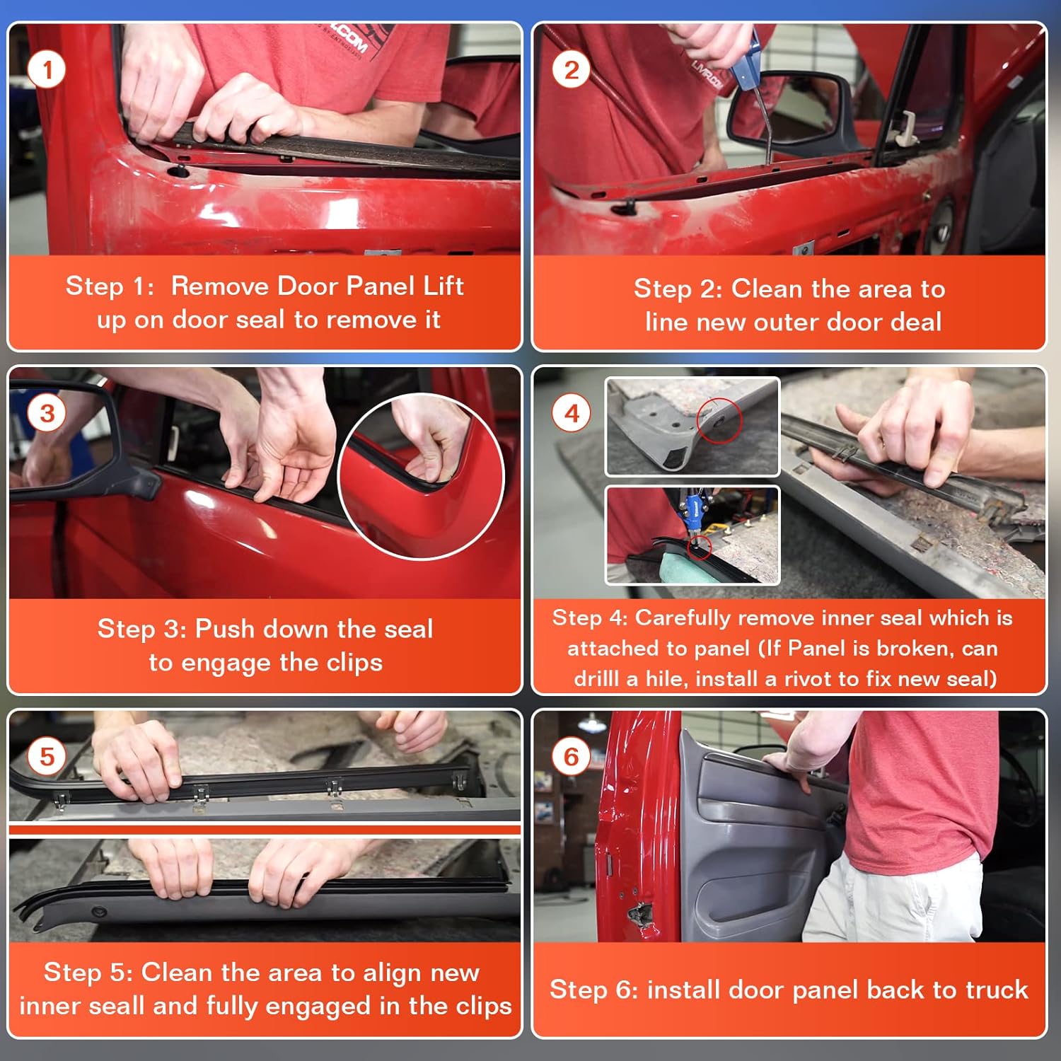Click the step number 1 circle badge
tap(47, 69)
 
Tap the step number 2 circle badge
tap(572, 69)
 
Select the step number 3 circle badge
tap(47, 413)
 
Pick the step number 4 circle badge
tap(572, 413)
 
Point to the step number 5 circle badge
tap(47, 756)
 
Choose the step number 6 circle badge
tap(572, 756)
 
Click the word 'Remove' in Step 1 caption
tap(220, 286)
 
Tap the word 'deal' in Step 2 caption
tap(916, 322)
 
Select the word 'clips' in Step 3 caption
tap(354, 663)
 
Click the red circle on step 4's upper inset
tap(719, 421)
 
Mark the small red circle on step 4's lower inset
tap(700, 547)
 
